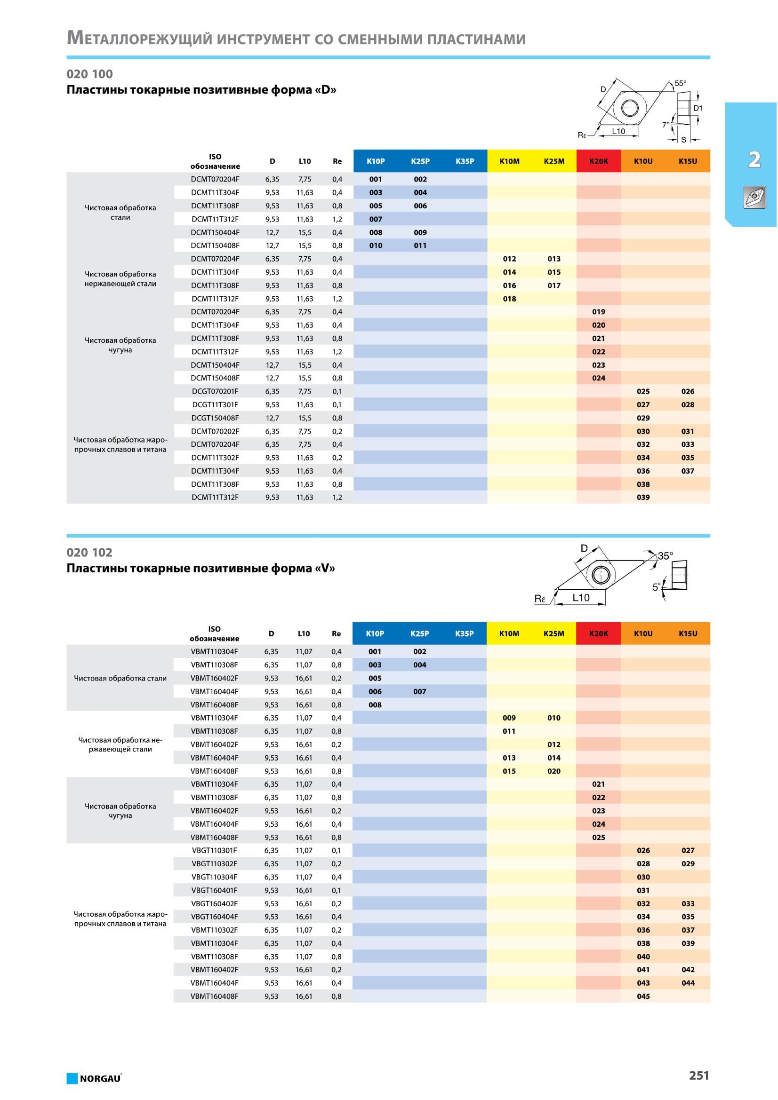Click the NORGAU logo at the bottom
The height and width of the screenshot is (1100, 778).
pyautogui.click(x=94, y=1078)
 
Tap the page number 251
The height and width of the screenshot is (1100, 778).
pyautogui.click(x=699, y=1076)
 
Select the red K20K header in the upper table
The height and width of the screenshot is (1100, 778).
pyautogui.click(x=598, y=161)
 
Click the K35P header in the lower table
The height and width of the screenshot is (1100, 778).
pyautogui.click(x=464, y=633)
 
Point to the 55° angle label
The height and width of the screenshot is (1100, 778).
pyautogui.click(x=680, y=83)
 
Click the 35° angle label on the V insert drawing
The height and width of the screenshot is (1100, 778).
pyautogui.click(x=666, y=556)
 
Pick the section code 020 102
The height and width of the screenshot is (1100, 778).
pyautogui.click(x=89, y=553)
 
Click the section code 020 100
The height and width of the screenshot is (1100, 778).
pyautogui.click(x=89, y=74)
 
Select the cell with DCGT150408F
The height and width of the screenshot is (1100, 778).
pyautogui.click(x=215, y=418)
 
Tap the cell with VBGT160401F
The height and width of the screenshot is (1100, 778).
pyautogui.click(x=214, y=890)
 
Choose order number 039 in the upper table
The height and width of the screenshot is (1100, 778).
pyautogui.click(x=643, y=497)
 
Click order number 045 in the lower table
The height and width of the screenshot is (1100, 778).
pyautogui.click(x=643, y=997)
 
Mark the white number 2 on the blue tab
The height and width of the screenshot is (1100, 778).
pyautogui.click(x=754, y=159)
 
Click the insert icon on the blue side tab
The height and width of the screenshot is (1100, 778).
pyautogui.click(x=754, y=197)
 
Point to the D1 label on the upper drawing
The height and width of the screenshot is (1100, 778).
pyautogui.click(x=698, y=108)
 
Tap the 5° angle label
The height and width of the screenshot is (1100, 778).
pyautogui.click(x=656, y=587)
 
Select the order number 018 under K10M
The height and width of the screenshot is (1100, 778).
pyautogui.click(x=509, y=299)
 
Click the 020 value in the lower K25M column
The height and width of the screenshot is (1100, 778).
pyautogui.click(x=553, y=771)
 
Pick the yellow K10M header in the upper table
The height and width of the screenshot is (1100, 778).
pyautogui.click(x=509, y=161)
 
